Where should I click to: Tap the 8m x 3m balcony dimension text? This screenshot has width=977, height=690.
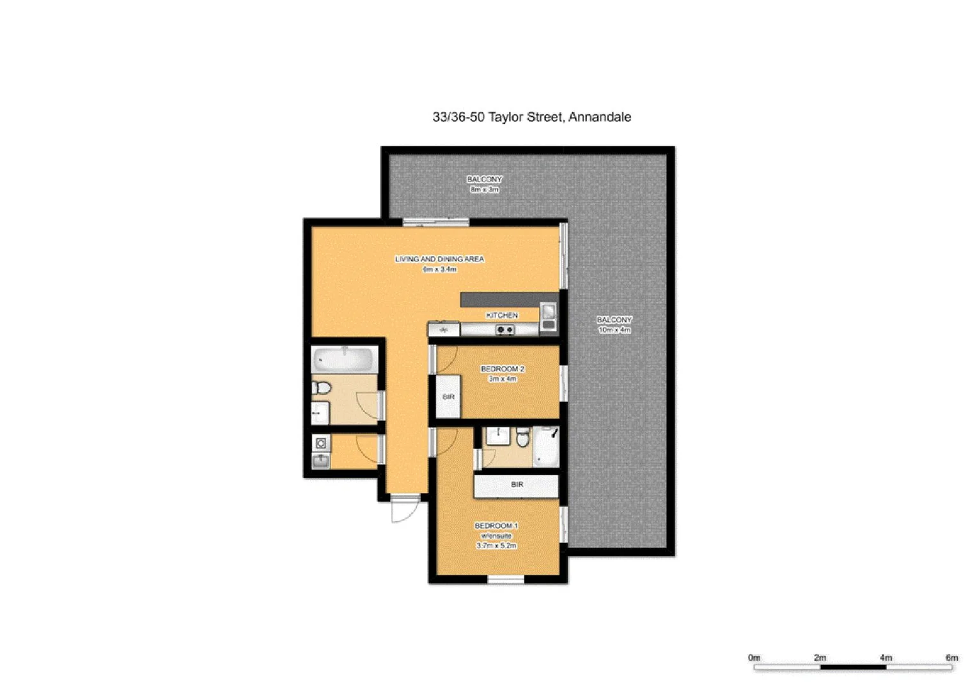[x=484, y=190]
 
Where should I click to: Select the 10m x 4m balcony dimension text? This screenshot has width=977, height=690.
[x=614, y=330]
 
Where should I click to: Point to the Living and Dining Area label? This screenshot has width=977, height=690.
[x=439, y=259]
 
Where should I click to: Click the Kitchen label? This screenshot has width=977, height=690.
[x=502, y=315]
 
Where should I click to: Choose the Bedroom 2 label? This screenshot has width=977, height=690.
[x=503, y=369]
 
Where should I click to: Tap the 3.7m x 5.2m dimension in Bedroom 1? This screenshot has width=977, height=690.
[x=496, y=546]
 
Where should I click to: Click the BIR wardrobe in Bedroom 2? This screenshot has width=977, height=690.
[x=448, y=397]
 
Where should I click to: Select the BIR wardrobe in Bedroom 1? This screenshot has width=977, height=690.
[x=517, y=485]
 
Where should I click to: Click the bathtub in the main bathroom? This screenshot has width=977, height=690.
[x=345, y=360]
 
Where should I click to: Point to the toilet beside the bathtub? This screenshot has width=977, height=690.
[x=321, y=388]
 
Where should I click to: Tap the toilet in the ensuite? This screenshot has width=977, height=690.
[x=522, y=438]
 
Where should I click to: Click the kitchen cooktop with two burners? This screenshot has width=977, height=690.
[x=505, y=330]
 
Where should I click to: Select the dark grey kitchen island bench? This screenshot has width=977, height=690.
[x=508, y=300]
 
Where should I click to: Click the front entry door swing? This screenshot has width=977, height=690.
[x=405, y=509]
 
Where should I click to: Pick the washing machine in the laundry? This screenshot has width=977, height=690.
[x=321, y=443]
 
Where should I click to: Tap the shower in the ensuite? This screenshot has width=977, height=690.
[x=546, y=446]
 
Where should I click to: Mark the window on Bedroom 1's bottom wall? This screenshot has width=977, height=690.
[x=506, y=579]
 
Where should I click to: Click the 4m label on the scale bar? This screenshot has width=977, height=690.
[x=886, y=657]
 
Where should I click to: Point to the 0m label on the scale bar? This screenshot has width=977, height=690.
[x=754, y=657]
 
